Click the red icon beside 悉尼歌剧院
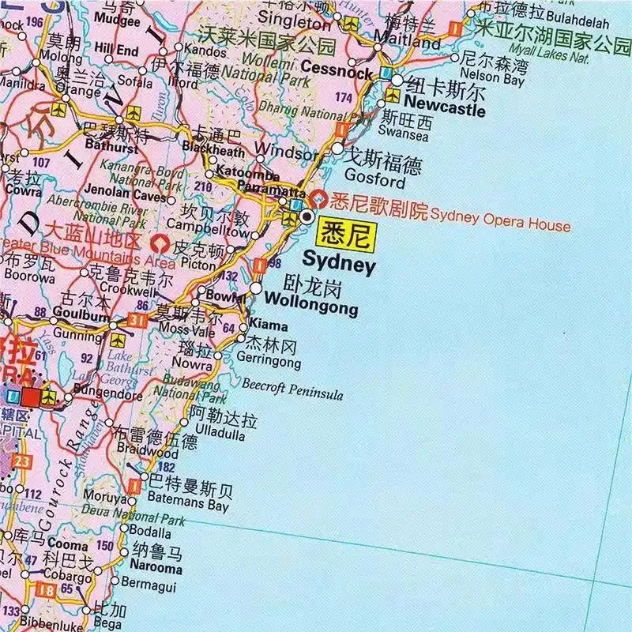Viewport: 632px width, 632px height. coord(321,198)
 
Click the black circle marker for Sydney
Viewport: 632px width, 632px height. coord(307,216)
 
